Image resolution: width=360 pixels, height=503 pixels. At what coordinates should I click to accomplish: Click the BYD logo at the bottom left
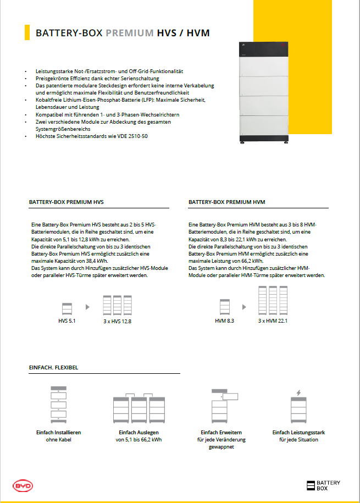coord(23,487)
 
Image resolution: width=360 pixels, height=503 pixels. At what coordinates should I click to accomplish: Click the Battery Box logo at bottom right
coord(323,485)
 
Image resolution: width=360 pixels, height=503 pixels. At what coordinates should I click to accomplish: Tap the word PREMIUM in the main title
coord(130,33)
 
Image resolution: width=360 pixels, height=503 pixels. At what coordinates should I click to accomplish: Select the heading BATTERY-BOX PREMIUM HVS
coord(67,202)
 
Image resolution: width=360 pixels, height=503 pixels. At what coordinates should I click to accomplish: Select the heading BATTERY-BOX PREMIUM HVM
coord(227,202)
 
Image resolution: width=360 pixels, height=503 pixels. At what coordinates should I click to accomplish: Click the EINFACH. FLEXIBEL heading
coord(53,367)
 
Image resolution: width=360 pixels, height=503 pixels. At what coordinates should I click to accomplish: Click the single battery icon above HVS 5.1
coord(67,307)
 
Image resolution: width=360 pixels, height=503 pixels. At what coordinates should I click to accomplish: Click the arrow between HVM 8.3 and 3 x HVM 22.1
coord(245,307)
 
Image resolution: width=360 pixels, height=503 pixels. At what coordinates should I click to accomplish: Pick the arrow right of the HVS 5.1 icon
coord(87,307)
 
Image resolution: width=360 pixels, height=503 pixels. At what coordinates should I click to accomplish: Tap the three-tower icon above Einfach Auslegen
coord(139,410)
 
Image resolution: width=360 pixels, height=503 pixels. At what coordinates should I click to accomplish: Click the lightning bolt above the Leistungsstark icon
coord(298,393)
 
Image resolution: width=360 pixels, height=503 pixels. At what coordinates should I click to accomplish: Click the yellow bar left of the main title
coord(27,32)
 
